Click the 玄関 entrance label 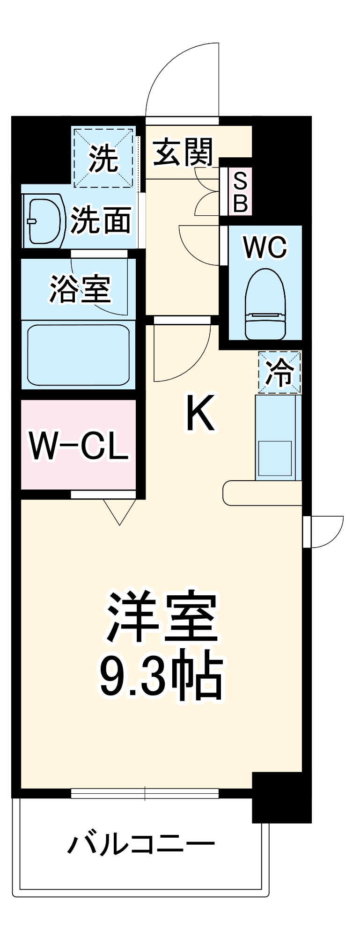183,153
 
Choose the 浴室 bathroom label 80,289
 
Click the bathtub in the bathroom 78,354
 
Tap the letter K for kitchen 200,413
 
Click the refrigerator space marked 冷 279,373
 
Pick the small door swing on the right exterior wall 325,531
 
